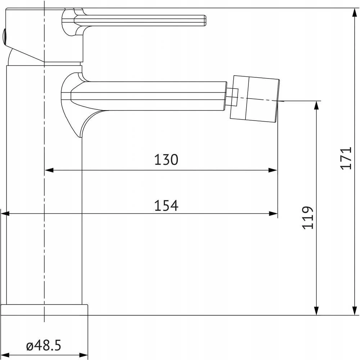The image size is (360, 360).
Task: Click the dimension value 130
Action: [x=166, y=159]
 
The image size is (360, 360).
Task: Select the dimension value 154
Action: [x=166, y=206]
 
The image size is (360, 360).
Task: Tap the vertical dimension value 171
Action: [x=346, y=158]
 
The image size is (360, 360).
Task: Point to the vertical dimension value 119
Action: [x=308, y=217]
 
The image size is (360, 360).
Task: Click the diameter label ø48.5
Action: [x=44, y=345]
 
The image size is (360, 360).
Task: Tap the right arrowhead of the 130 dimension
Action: [x=273, y=170]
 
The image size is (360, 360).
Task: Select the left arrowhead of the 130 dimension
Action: [x=49, y=170]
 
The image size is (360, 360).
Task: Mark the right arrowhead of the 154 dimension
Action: [x=273, y=214]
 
